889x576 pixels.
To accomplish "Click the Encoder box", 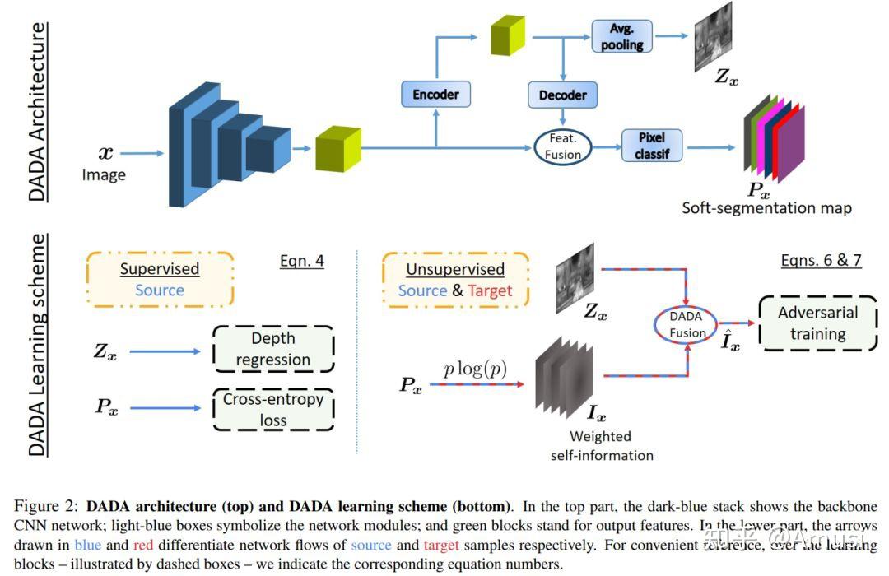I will tap(435, 94).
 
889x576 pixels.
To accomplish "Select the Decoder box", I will tap(562, 95).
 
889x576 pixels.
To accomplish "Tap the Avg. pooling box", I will tap(621, 36).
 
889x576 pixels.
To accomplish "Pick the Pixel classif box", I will tap(651, 146).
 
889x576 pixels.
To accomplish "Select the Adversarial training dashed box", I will tap(817, 323).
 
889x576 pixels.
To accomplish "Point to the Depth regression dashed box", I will tap(273, 349).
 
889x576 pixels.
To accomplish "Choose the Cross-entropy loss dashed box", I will tap(273, 409).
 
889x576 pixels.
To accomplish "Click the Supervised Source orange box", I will tap(160, 280).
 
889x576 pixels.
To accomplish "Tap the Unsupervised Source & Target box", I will tap(455, 280).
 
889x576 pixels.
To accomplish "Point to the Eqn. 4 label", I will tap(302, 262).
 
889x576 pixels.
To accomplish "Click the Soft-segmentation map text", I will tap(766, 208).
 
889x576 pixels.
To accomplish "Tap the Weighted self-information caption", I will tap(602, 445).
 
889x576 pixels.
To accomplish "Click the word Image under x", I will tap(104, 174).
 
